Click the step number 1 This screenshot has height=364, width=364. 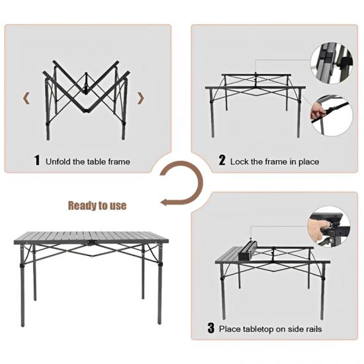point(37,160)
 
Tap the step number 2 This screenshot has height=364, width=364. point(222,160)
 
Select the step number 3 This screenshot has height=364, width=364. point(210,328)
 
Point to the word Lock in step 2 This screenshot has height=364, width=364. point(239,161)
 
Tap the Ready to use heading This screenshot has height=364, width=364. point(97,205)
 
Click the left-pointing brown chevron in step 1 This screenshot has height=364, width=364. point(26,98)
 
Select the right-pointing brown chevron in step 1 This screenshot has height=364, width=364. point(141,98)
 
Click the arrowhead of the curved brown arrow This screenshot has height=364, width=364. point(164,202)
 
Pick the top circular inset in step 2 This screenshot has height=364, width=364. point(332,63)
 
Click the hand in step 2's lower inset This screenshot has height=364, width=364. point(317,111)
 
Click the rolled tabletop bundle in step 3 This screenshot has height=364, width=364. point(247,251)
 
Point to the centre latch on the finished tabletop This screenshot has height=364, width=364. point(92,242)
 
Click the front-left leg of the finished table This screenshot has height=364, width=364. point(23,285)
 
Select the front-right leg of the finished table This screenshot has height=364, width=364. point(159,284)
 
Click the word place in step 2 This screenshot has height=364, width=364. point(309,161)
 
